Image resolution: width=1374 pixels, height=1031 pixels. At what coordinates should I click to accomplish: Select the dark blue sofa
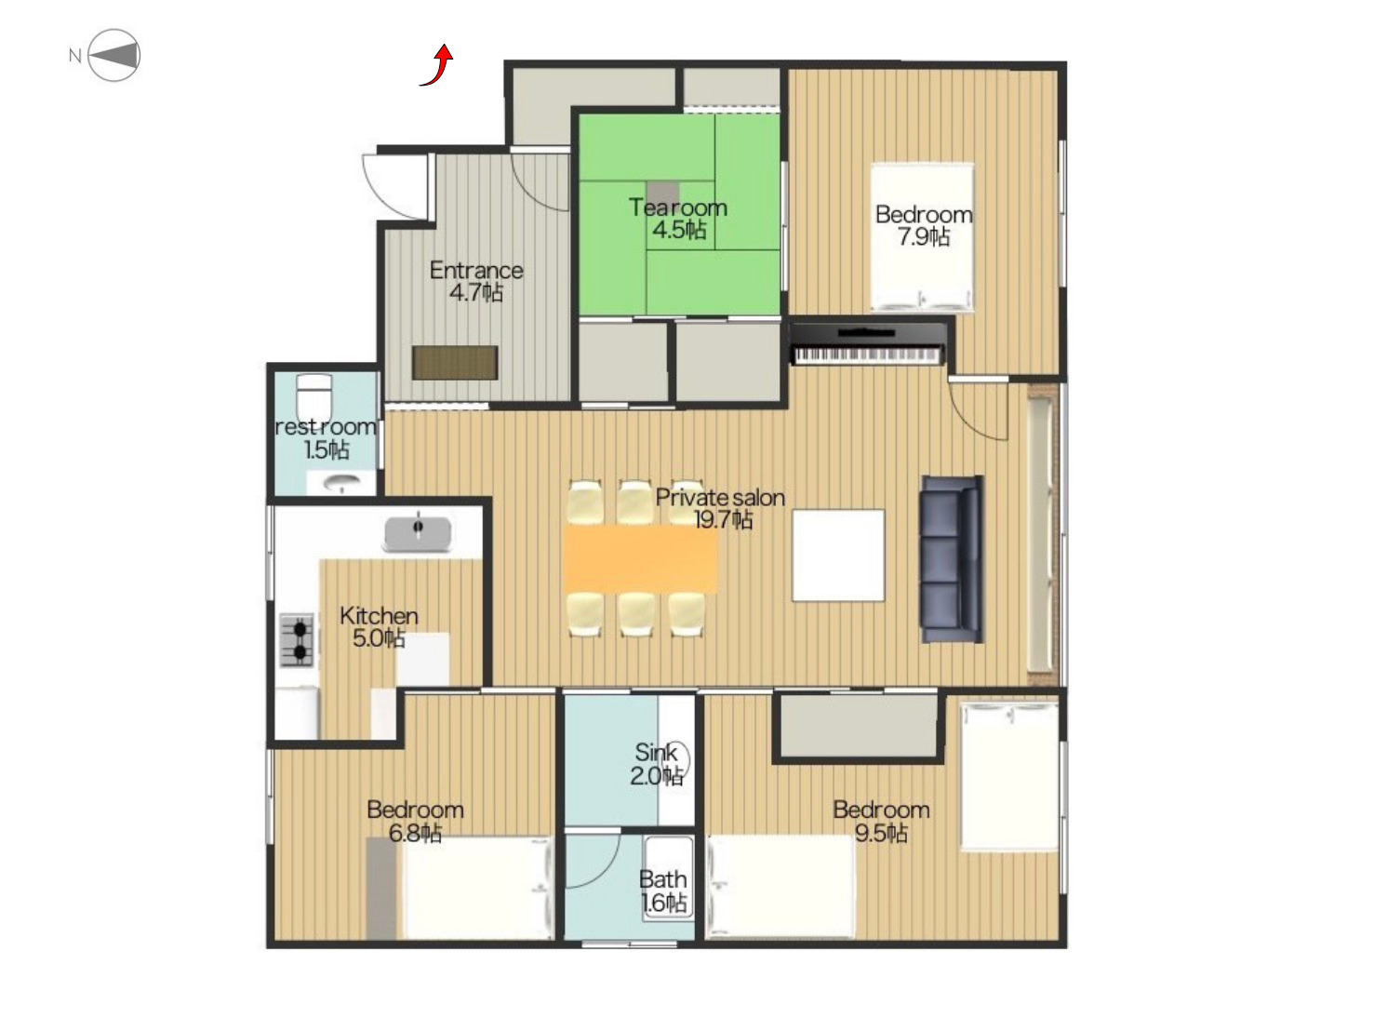click(950, 559)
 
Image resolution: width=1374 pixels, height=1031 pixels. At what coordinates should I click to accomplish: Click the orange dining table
click(640, 558)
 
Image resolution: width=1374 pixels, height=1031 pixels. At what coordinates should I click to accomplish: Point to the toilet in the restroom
click(314, 398)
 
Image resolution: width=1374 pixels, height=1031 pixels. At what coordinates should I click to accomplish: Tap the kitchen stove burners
click(296, 640)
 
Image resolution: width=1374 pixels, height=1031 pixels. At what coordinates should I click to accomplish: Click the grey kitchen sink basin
click(418, 534)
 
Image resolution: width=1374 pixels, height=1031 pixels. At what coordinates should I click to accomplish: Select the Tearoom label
click(678, 208)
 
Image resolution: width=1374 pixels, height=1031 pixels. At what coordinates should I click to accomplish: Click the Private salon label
click(720, 498)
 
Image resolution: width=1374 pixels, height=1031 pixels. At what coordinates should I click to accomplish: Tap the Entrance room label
click(476, 271)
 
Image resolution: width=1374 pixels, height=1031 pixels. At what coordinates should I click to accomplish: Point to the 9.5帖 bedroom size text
click(881, 833)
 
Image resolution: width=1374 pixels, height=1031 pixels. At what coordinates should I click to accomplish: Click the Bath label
click(663, 879)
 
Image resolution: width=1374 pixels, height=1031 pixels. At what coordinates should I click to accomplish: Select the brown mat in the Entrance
click(455, 363)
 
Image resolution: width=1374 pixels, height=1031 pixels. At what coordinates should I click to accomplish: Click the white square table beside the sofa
click(838, 556)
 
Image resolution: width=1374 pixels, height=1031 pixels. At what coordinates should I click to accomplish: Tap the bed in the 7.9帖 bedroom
click(922, 237)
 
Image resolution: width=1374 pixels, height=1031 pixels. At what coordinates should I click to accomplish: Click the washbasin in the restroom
click(341, 483)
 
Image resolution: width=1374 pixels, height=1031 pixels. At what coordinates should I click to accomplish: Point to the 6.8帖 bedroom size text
click(415, 833)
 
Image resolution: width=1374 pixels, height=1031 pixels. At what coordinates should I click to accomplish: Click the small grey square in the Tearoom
click(663, 192)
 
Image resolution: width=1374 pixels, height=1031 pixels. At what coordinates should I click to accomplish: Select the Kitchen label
click(379, 615)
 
